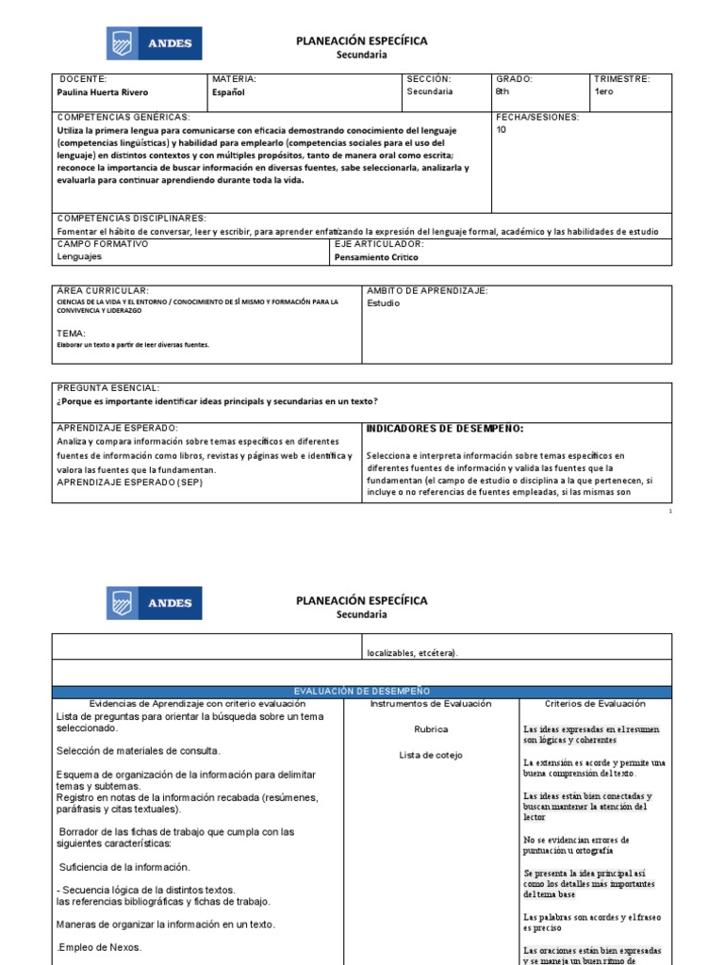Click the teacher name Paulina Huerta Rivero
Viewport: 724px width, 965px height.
(103, 92)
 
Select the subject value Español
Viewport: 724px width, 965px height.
(229, 92)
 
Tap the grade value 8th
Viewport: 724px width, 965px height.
(502, 92)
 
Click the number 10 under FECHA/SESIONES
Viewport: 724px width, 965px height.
(501, 130)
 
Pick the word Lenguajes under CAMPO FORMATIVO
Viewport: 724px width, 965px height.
(80, 256)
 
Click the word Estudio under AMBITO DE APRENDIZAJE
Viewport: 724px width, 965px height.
(383, 303)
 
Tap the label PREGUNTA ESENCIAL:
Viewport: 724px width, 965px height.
(108, 388)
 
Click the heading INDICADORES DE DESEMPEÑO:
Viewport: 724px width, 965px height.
(444, 429)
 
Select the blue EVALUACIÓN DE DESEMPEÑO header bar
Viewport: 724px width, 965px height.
(362, 692)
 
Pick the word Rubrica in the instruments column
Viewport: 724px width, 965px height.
(431, 729)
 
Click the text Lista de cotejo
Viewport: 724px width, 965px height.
(431, 755)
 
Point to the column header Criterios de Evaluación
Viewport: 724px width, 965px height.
(595, 704)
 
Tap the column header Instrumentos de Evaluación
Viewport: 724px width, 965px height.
(431, 704)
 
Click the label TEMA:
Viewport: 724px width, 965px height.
(72, 334)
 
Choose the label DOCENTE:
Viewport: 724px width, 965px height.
(83, 79)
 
